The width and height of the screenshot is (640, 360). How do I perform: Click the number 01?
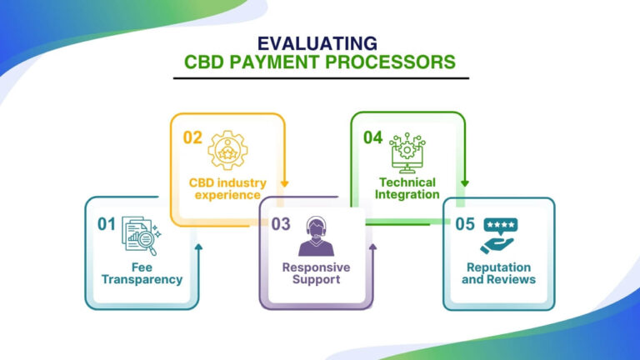(x=106, y=223)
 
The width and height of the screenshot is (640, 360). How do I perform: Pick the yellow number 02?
(x=192, y=137)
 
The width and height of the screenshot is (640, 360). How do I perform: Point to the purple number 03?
(x=280, y=223)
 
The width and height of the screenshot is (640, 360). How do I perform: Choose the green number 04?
(x=372, y=137)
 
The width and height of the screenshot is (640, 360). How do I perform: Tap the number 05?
(x=463, y=223)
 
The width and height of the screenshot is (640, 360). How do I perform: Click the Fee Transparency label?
(x=142, y=273)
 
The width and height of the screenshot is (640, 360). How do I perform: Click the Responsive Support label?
(x=316, y=272)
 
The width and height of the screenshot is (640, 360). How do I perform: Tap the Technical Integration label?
(x=408, y=187)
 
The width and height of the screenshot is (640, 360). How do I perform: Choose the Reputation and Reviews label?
(x=498, y=273)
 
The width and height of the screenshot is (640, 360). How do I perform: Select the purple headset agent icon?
(x=316, y=237)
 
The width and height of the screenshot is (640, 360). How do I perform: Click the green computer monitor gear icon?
(x=408, y=152)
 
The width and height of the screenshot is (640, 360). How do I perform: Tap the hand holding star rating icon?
(x=498, y=237)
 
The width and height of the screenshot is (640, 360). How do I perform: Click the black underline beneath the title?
(x=321, y=78)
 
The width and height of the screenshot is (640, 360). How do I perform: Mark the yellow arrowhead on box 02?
(x=285, y=185)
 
